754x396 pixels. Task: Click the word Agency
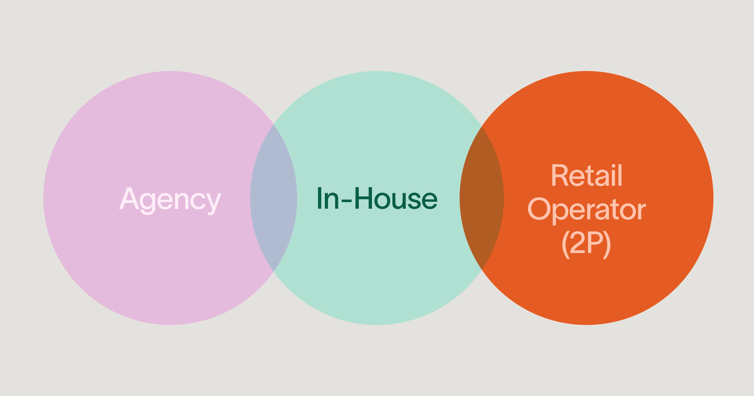pos(170,199)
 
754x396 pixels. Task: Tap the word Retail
pos(587,176)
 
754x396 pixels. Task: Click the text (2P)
pos(586,244)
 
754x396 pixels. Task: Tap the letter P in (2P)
pos(596,243)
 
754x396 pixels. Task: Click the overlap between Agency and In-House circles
pos(274,198)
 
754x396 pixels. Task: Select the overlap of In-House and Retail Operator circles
pos(482,198)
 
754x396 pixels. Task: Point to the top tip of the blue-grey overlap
pos(274,126)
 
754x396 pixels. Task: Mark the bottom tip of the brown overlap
pos(482,269)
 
